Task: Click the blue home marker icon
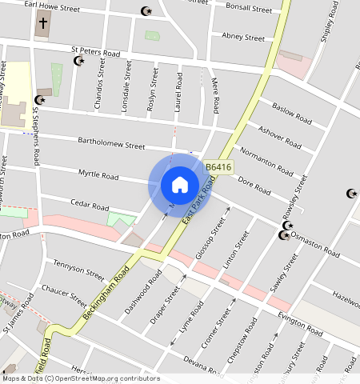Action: click(180, 185)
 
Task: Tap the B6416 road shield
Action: click(218, 167)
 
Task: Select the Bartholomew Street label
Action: click(111, 144)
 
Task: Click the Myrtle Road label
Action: click(98, 175)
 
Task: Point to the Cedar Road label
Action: click(89, 206)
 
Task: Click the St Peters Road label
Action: click(94, 52)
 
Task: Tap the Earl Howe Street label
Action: click(52, 7)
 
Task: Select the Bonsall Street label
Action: click(249, 8)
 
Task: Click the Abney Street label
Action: click(242, 37)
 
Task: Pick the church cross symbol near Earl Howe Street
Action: click(42, 23)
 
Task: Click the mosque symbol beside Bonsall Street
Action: click(146, 11)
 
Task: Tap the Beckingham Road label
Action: click(102, 302)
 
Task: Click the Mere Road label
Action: click(214, 95)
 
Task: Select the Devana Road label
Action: click(200, 364)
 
